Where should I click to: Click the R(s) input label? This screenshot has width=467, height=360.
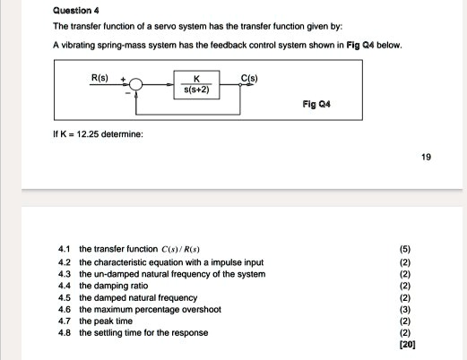(x=101, y=79)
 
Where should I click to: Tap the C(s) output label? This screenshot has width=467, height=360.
(x=250, y=79)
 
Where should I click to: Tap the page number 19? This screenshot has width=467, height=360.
(x=426, y=157)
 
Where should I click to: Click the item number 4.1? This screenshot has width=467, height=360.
(x=61, y=248)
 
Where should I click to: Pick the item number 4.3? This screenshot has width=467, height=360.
(x=61, y=274)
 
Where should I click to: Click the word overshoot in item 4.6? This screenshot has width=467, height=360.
(x=200, y=309)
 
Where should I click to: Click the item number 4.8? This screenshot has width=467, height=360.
(x=61, y=332)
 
